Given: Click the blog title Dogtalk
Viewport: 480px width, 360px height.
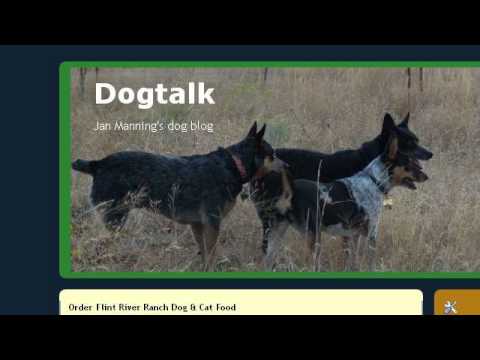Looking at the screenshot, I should pos(154,94).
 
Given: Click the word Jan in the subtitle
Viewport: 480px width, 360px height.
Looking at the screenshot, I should pos(102,126).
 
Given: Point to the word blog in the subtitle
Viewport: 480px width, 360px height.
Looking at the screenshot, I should pos(199,126).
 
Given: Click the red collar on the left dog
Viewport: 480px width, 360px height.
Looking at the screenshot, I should pos(240,165).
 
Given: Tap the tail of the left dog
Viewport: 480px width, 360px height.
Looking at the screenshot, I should pos(84,165).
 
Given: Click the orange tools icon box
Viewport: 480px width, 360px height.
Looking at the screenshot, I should pos(456,305).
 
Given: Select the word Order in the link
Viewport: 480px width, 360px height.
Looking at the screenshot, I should pos(81,307).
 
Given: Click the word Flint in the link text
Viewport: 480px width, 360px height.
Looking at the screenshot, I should pos(107,307).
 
